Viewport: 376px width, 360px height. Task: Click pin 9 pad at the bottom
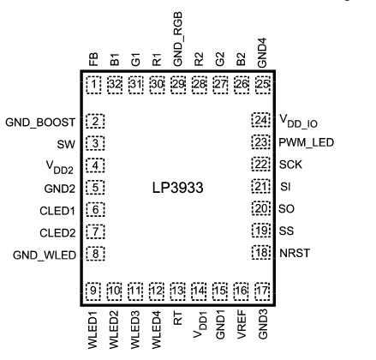[95, 291]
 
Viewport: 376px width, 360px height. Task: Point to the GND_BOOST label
[40, 121]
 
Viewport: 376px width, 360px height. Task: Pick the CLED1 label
[60, 207]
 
